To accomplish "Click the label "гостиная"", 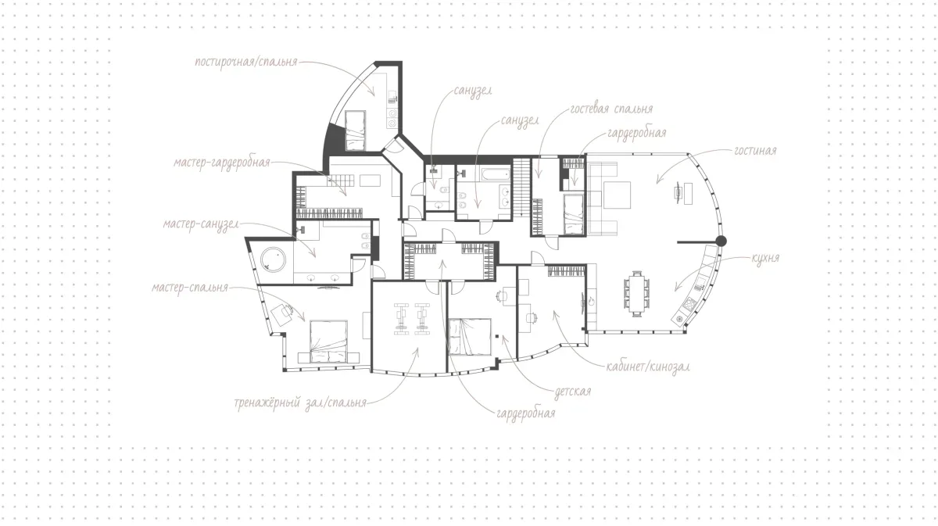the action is coord(755,151).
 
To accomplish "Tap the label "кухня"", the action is coord(765,258).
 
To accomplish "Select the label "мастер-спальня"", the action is coord(190,288).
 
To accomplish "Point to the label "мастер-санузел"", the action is coord(201,224).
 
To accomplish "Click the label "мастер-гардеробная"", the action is coord(222,163).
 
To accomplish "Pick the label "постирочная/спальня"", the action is coord(246,62).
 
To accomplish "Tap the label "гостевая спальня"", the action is coord(611,109).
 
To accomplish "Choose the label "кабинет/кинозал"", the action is coord(648,367).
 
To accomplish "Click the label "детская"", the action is coord(573,392).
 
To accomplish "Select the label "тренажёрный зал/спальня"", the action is coord(300,403).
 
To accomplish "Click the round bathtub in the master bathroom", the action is coord(273,259).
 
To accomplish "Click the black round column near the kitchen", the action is coord(721,242).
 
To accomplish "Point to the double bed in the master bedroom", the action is coord(329,342).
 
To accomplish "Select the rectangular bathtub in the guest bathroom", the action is coord(496,174).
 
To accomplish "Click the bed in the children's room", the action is coord(470,337).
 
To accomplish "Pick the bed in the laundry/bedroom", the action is coord(355,131).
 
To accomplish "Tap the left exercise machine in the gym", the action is coord(401,319).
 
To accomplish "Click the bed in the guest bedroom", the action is coord(573,214).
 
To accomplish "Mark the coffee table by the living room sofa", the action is coord(617,195).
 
